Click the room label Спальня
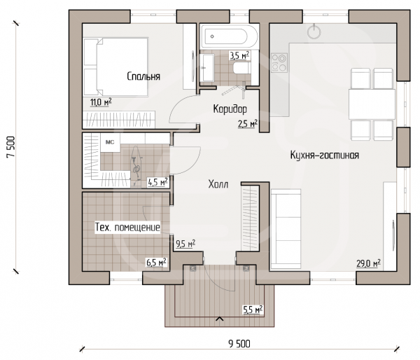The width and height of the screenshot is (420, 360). pos(143,76)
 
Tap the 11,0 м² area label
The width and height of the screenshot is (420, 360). pos(101,102)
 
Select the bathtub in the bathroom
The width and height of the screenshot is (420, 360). pos(230,36)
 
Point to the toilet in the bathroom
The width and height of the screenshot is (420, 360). pos(242,68)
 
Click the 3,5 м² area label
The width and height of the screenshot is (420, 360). pos(239,55)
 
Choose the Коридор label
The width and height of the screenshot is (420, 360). pos(230,109)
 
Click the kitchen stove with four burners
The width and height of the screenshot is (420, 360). pos(279,63)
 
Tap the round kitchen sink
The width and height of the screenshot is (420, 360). pos(314,32)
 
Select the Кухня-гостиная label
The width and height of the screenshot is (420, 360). pos(325,155)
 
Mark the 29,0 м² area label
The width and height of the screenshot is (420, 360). pos(369,263)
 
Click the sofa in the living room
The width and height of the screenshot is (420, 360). pos(286,228)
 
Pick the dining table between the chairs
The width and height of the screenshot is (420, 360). pos(372,104)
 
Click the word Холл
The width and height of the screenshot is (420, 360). pos(218,184)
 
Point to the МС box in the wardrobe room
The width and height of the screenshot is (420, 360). pos(110,142)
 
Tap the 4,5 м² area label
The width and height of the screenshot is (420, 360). pos(157,182)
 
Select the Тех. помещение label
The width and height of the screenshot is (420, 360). pos(127,228)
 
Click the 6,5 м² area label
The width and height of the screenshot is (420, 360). pos(156,262)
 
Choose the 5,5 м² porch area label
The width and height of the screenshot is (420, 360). pos(253,310)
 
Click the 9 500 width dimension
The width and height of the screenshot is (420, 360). pos(239,344)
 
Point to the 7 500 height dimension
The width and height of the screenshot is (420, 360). pos(11,147)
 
